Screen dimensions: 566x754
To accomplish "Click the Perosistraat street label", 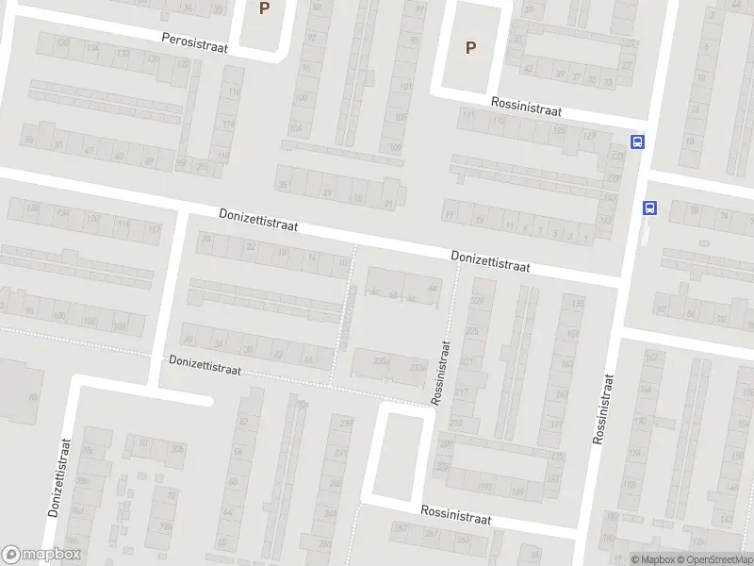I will [195, 40].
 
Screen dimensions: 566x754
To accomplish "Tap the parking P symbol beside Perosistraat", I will [264, 8].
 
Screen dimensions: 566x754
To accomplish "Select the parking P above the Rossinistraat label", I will [470, 47].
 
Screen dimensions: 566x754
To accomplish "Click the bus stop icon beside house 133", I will [638, 142].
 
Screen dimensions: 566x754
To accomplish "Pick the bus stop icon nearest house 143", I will [649, 208].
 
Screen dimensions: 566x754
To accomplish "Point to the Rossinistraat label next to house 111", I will [526, 110].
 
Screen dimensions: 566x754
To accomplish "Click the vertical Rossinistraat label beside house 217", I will [441, 373].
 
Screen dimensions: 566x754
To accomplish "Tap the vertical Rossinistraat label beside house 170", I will [603, 408].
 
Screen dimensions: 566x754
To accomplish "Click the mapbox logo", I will [41, 555].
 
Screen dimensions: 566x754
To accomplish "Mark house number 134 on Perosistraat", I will [91, 47].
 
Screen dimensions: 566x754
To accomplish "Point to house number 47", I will [90, 151].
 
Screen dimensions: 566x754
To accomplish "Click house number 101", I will [406, 86].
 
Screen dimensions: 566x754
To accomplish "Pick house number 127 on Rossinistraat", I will [590, 137].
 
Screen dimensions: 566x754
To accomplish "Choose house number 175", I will [556, 457].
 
